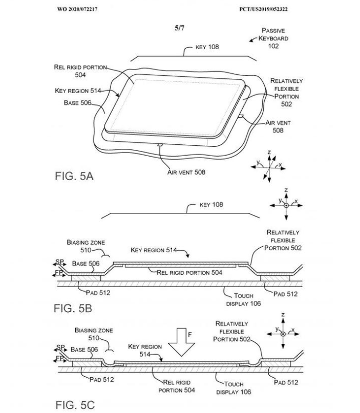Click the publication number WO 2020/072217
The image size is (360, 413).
point(77,9)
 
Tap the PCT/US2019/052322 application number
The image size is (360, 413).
point(263,9)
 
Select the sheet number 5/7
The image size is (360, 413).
point(179,28)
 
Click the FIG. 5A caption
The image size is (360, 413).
point(74,176)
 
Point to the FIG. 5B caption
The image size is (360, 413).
point(73,308)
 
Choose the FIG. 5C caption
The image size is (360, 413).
point(75,405)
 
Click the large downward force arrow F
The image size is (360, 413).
point(181,342)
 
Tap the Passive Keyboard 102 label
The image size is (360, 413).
point(273,38)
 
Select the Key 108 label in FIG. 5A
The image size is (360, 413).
point(207,47)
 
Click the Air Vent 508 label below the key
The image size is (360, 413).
point(186,172)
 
